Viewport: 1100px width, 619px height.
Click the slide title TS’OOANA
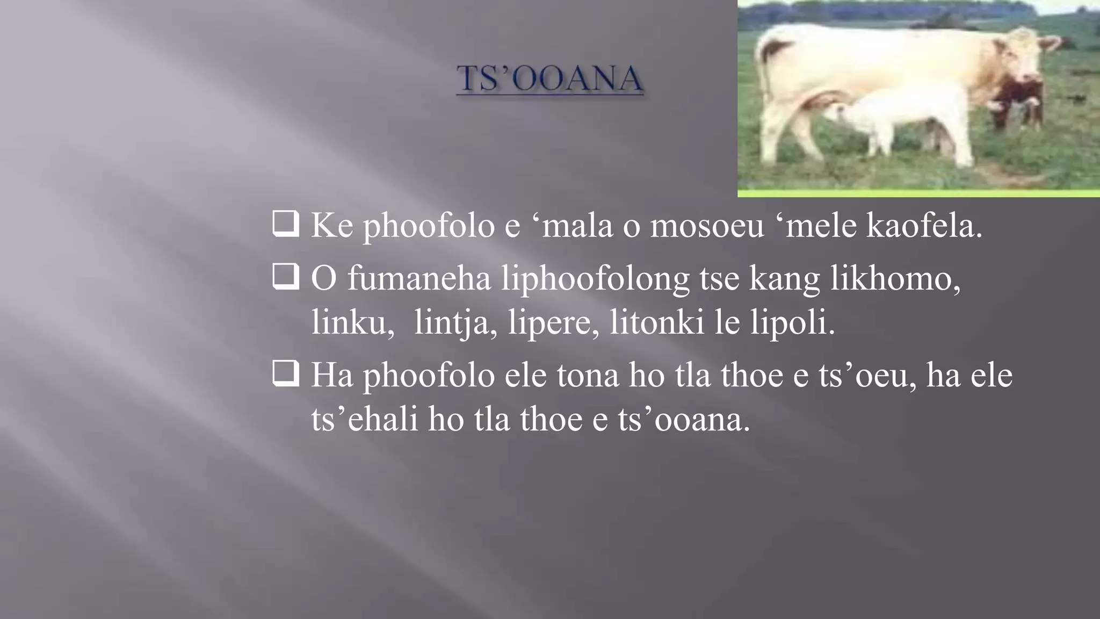[x=549, y=78]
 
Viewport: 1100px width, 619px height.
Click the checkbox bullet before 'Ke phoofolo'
[x=285, y=224]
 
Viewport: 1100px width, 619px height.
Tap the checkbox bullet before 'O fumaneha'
[x=285, y=277]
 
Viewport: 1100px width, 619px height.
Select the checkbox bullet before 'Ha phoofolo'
[x=285, y=373]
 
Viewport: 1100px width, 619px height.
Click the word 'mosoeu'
[x=707, y=226]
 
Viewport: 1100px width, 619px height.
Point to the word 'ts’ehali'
[x=365, y=419]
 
